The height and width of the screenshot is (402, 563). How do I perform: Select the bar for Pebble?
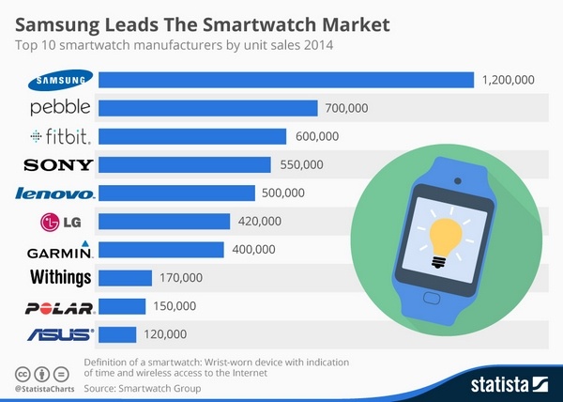pos(207,108)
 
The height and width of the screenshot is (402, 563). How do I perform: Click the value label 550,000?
pos(301,164)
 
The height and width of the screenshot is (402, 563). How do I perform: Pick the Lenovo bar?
pos(176,193)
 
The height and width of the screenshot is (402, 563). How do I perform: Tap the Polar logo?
pos(59,307)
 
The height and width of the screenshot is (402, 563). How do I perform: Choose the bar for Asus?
pos(117,333)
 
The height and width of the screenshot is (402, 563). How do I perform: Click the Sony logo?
pos(58,164)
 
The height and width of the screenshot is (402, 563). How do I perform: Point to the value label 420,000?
pos(259,221)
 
